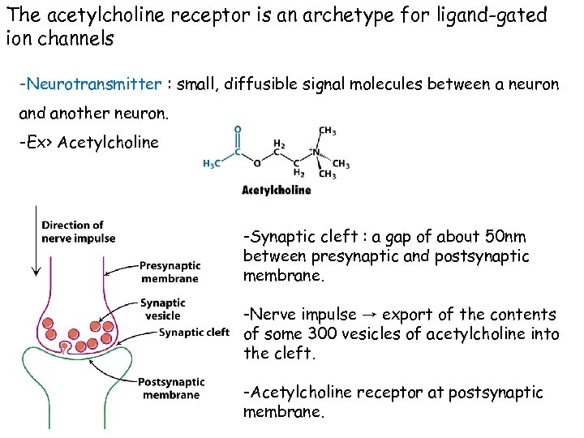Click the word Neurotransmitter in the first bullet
[93, 84]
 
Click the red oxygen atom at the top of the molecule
[237, 128]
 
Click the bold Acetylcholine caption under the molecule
[276, 191]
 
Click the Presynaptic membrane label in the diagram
[169, 272]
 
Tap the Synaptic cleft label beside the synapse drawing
[195, 332]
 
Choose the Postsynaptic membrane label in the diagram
[170, 388]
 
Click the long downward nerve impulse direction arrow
[32, 243]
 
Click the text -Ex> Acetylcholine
[89, 143]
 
